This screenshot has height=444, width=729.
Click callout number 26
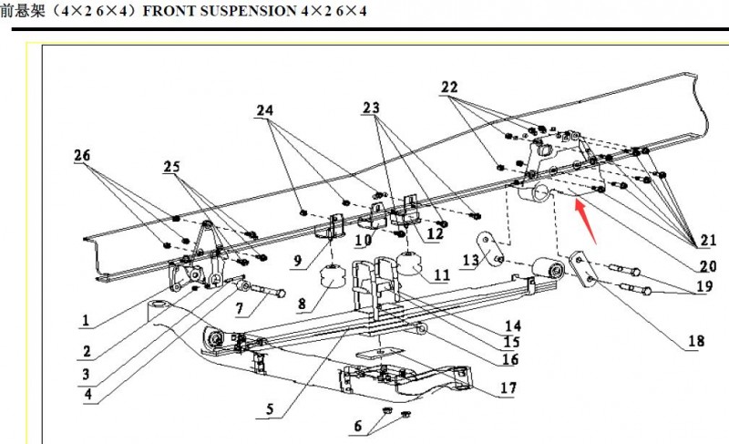(84, 157)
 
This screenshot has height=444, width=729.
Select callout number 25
(173, 168)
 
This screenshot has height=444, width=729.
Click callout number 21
(707, 242)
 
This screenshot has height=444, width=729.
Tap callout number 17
(508, 388)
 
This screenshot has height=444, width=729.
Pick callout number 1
(85, 321)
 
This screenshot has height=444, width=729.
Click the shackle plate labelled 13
(489, 249)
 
